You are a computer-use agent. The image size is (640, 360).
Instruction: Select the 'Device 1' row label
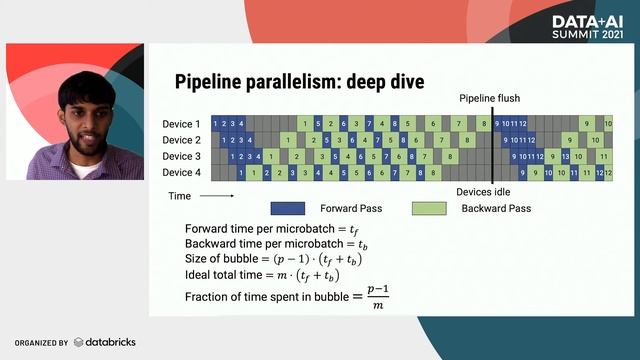pos(181,123)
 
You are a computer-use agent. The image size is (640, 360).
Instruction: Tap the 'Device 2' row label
pos(181,140)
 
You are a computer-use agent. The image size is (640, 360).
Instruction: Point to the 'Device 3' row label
pos(181,156)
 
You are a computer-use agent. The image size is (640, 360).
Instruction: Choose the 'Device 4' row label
pos(181,173)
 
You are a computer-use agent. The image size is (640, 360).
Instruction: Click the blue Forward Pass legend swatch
pos(288,209)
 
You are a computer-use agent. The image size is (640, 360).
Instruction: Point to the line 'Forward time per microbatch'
pos(270,229)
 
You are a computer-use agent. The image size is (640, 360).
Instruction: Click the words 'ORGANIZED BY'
pos(41,343)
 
